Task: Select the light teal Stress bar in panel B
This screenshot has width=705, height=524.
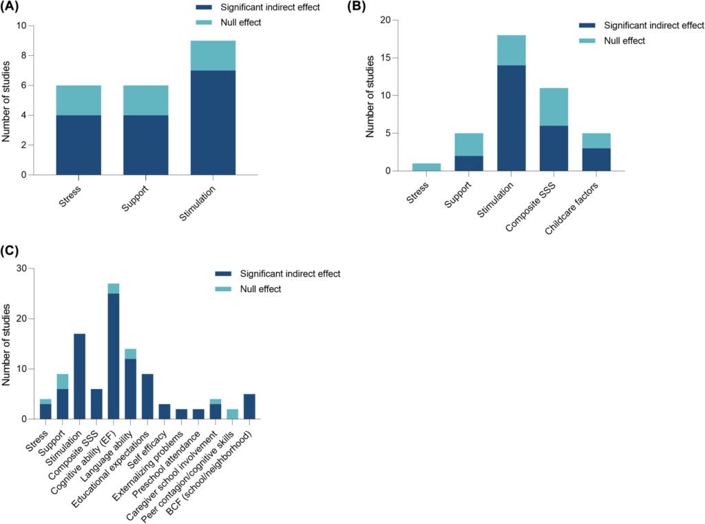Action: point(427,167)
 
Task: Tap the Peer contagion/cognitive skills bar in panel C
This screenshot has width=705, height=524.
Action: point(233,414)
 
